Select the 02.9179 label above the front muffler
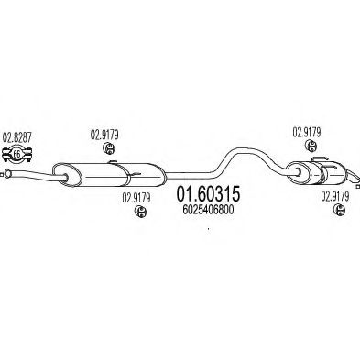(x=105, y=132)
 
